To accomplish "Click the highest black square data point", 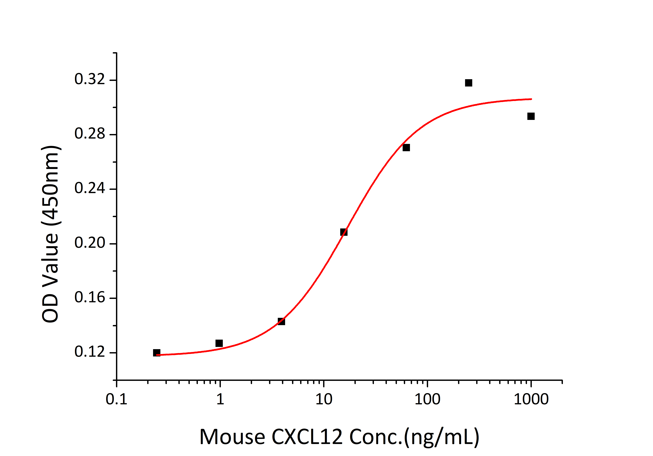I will tap(468, 83).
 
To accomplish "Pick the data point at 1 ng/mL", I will tap(219, 343).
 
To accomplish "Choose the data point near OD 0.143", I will tap(281, 321).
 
